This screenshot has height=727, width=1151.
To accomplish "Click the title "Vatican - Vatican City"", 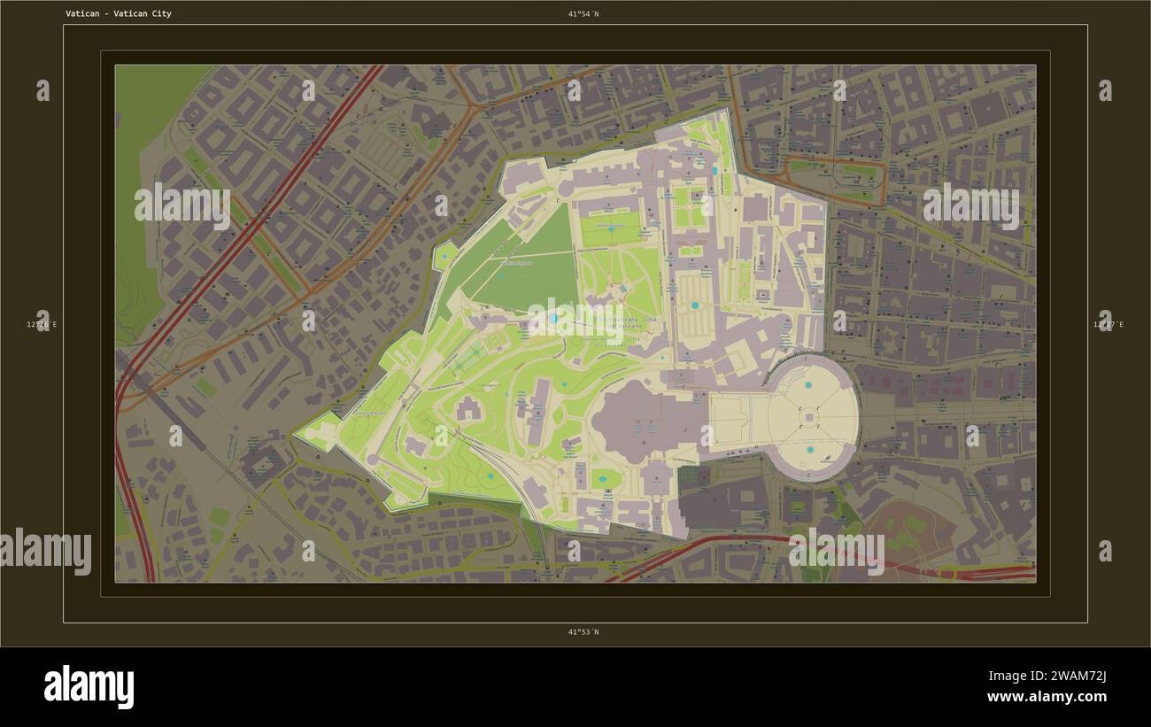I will coord(119,14).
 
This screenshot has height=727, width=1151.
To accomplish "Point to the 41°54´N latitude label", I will coord(583,14).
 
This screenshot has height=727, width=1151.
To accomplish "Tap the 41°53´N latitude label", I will coord(583,632).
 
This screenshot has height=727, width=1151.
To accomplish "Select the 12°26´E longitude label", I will coord(42,325).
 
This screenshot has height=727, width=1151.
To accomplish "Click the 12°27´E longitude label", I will coord(1109,325).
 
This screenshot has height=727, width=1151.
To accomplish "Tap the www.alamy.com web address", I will coord(1047,697).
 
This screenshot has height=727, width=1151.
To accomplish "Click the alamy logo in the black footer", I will coord(89,687).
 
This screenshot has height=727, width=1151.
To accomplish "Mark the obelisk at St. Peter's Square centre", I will coord(809,418).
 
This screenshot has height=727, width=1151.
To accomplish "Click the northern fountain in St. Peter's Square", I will coord(808,385).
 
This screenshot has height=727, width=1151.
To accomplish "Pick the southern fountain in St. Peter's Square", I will coord(809,450).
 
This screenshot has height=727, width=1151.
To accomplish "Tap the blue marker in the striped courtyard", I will coord(694,305).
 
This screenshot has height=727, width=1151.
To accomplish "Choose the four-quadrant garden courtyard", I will coord(690,206).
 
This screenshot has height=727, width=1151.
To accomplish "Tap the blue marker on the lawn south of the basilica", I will coord(604,479).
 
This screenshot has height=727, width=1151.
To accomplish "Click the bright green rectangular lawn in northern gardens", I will coord(611,228).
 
